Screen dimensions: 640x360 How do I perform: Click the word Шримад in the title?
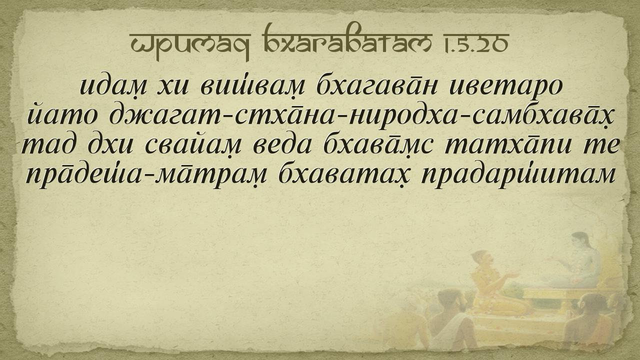190,43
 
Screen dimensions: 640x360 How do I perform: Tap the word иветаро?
506,86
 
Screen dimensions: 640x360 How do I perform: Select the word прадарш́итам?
517,175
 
